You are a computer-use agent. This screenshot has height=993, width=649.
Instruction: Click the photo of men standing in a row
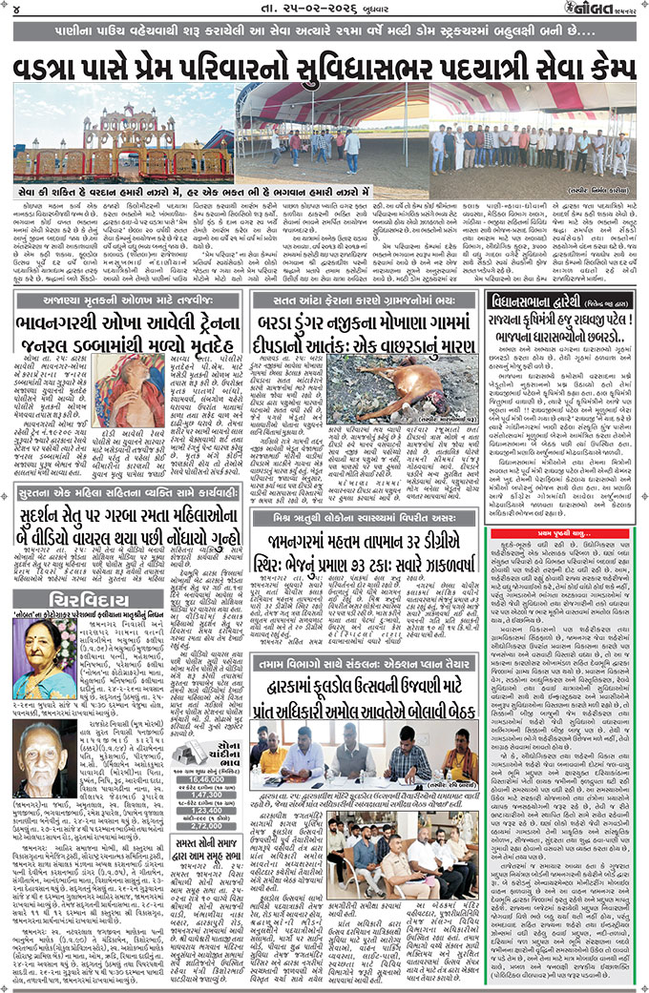[530, 143]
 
